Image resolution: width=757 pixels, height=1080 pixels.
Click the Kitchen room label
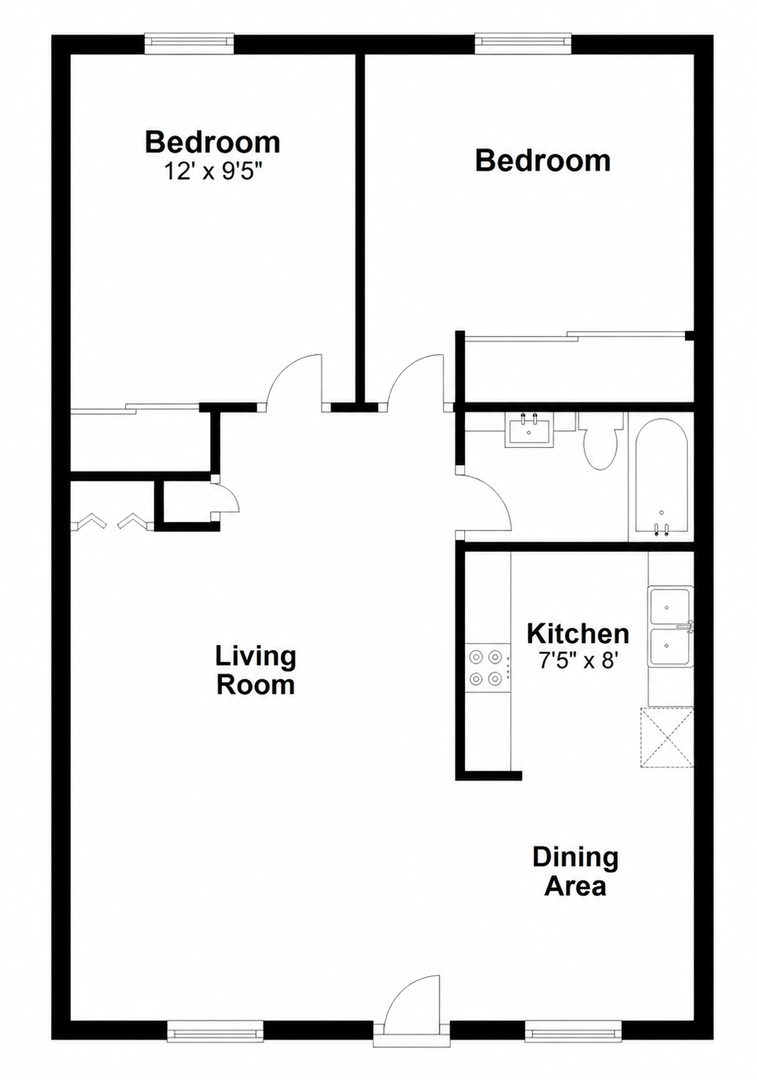577,633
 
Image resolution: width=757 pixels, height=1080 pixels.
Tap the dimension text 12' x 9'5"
213,171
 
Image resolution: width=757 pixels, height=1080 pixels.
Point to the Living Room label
256,670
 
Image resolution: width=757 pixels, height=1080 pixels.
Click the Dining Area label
576,871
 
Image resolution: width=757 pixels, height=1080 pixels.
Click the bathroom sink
529,430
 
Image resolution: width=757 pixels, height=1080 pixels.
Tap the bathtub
661,476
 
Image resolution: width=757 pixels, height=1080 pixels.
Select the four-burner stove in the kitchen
487,668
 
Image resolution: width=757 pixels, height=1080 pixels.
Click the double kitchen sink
670,626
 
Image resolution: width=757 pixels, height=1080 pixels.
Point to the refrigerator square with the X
666,738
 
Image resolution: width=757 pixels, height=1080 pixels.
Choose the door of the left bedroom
295,382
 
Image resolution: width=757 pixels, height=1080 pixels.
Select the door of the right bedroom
417,382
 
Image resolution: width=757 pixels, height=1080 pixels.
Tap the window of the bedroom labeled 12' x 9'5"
189,43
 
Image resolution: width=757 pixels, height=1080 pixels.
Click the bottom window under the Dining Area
573,1031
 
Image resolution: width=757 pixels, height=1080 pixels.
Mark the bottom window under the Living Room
215,1031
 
